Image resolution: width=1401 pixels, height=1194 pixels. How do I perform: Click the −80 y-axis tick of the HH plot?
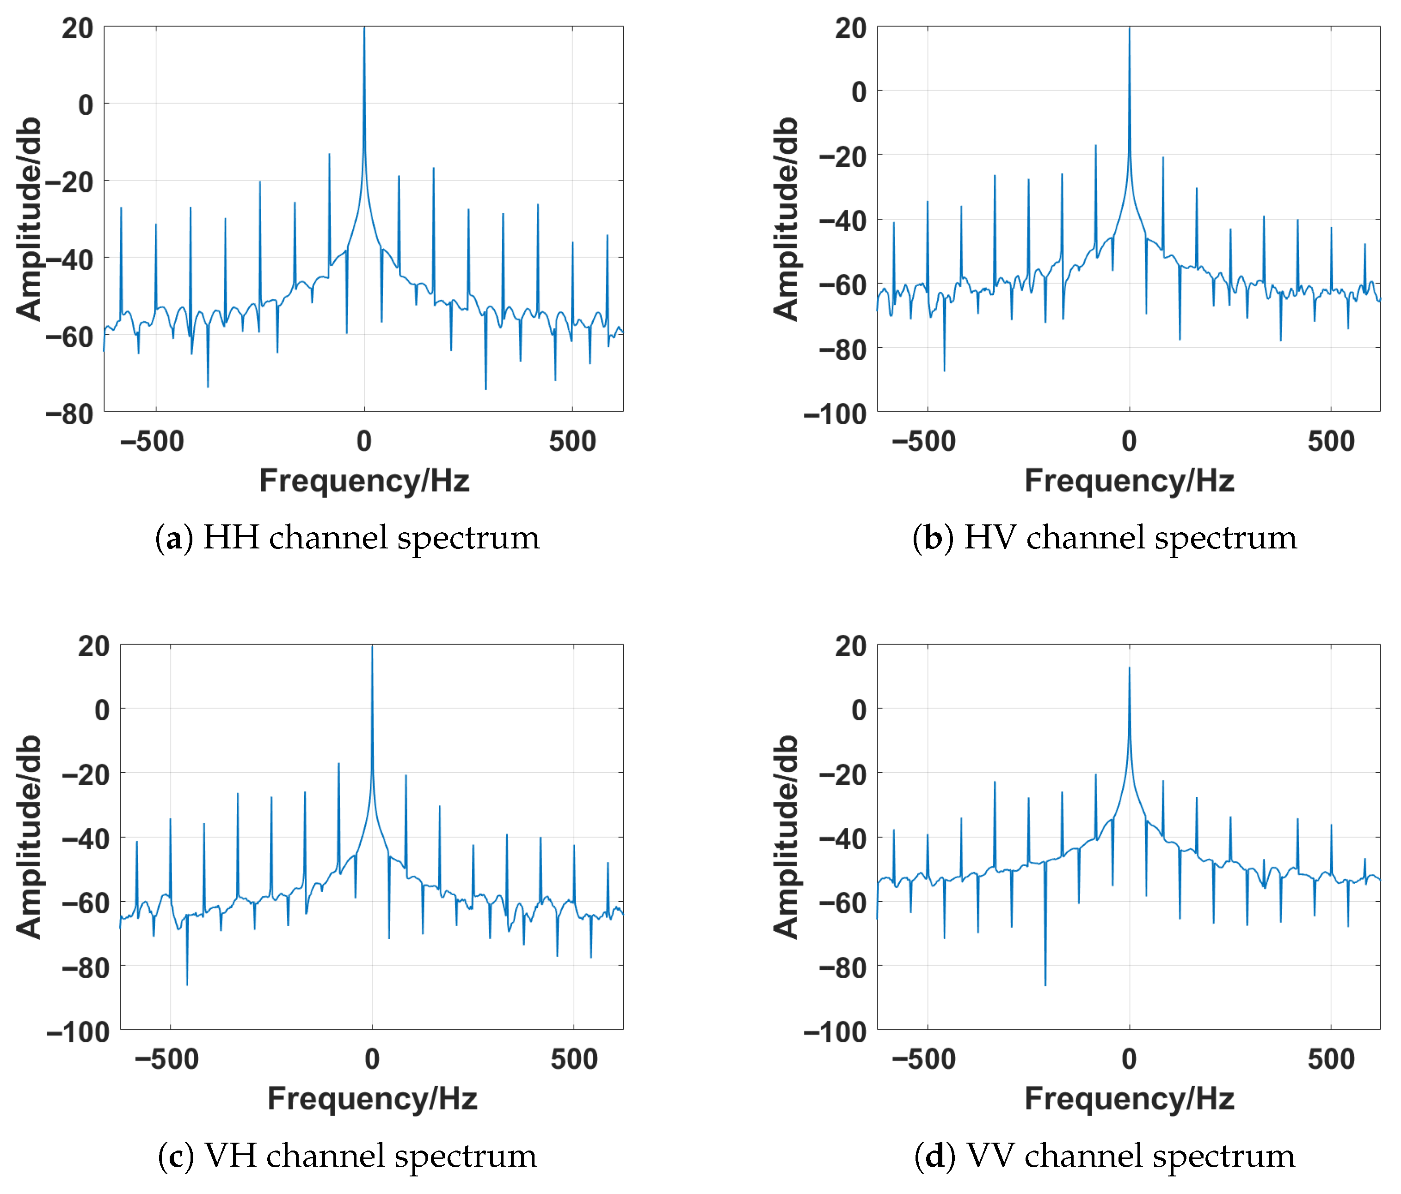point(70,414)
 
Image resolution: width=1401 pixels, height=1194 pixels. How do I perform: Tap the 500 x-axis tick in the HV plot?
point(1331,442)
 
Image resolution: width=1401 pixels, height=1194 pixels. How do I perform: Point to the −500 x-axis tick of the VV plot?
point(924,1059)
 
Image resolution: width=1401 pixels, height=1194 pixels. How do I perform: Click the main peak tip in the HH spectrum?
point(364,28)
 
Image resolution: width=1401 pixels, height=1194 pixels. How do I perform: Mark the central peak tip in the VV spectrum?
point(1129,668)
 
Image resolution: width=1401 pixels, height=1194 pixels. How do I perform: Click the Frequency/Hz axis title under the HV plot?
point(1129,481)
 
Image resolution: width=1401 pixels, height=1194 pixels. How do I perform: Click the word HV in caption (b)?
point(990,538)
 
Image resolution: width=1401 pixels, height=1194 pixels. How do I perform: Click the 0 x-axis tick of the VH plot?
point(372,1059)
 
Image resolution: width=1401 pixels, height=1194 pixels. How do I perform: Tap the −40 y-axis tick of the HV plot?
point(842,221)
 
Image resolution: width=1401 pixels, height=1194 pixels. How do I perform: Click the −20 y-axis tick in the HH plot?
point(70,182)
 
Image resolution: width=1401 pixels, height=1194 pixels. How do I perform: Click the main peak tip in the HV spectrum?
point(1129,28)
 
